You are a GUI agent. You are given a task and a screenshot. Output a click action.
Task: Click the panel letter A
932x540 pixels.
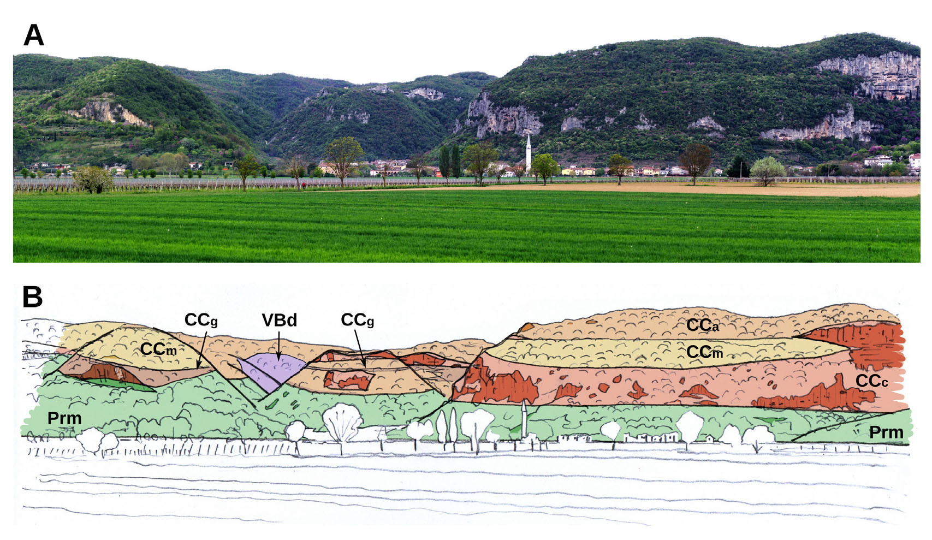pos(33,35)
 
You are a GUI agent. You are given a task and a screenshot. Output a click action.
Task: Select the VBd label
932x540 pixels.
pos(279,320)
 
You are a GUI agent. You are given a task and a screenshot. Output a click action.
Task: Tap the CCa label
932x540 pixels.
pos(703,325)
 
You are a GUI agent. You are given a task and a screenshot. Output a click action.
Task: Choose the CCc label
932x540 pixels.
pos(871,381)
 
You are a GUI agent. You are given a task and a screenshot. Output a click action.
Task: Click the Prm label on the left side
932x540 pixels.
pos(64,419)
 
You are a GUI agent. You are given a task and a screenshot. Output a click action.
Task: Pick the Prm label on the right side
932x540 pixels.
pos(886,432)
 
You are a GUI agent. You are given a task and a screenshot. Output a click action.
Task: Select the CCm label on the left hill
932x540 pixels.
pos(158,349)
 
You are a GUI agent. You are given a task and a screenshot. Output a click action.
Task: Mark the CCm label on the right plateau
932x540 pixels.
pos(704,352)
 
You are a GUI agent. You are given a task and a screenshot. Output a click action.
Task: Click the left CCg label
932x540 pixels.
pos(201,320)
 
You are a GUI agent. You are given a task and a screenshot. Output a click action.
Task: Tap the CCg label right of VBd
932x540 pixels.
pos(357,320)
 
